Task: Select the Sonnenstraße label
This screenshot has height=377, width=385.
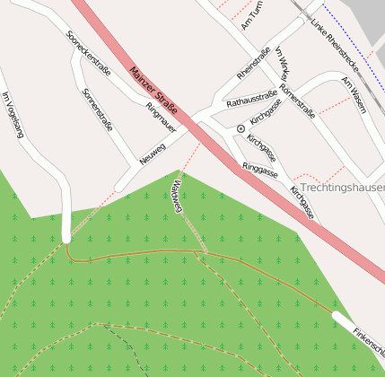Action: point(96,109)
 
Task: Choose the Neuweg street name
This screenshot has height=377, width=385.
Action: point(153,153)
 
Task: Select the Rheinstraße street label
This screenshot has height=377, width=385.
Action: point(253,63)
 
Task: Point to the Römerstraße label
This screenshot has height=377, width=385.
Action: point(297,101)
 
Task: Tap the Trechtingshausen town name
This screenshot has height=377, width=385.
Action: point(343,188)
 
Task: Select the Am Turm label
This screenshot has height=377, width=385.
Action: point(251,15)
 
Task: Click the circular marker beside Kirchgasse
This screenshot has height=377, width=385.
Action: point(241,129)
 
